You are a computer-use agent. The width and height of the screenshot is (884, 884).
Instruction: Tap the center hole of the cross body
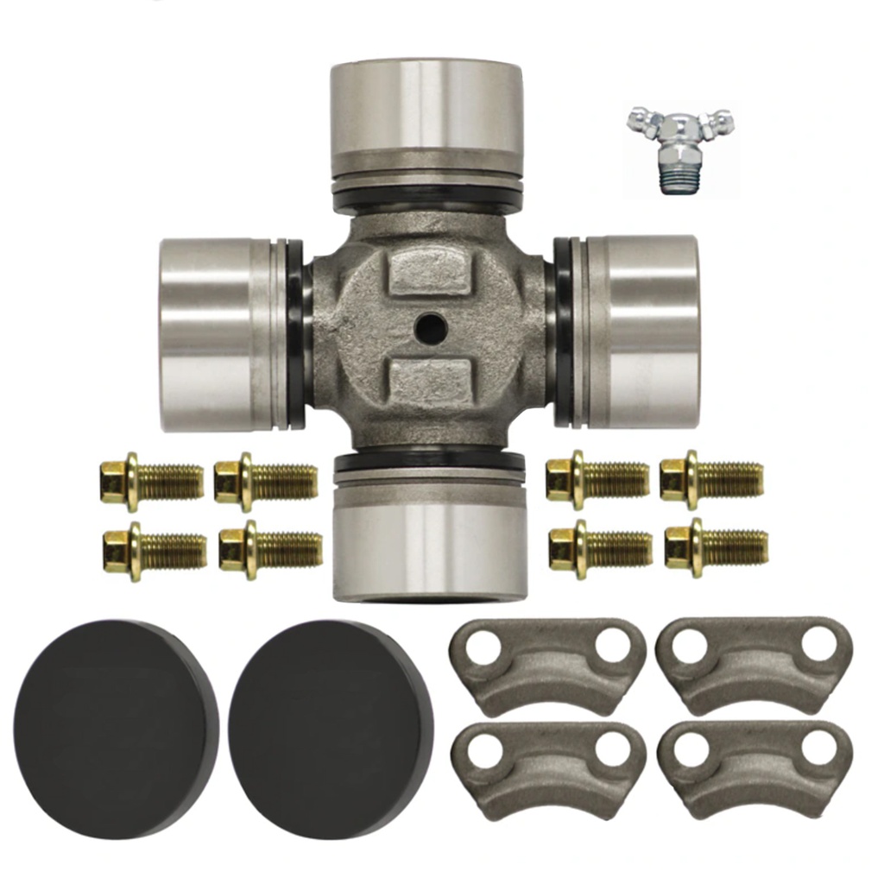429,326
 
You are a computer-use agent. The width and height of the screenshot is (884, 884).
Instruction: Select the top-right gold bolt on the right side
711,479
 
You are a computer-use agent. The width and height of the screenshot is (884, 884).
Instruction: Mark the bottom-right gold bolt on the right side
716,547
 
